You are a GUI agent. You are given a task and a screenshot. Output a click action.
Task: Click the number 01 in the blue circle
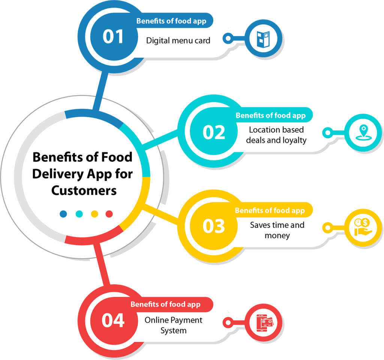click(x=113, y=37)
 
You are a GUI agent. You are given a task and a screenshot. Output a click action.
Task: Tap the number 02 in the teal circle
click(x=213, y=133)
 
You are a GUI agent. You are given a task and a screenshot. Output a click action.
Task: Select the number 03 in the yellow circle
click(x=213, y=226)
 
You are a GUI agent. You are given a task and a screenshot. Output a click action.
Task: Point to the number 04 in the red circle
click(x=113, y=320)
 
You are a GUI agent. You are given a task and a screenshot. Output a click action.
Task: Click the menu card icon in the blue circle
click(x=263, y=39)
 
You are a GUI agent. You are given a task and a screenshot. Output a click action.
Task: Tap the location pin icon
click(x=364, y=133)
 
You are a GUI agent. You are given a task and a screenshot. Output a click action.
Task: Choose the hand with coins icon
click(x=363, y=227)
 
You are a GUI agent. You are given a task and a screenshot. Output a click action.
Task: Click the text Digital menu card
click(x=178, y=41)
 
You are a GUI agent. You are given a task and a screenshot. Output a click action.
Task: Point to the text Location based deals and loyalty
click(x=276, y=135)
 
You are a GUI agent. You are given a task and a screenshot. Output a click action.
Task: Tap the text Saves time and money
click(x=277, y=230)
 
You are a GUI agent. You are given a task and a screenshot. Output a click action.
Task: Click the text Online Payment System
click(x=173, y=325)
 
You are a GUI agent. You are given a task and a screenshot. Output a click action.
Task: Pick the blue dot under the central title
click(x=63, y=214)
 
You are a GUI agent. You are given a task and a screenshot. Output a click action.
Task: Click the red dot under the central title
click(x=109, y=214)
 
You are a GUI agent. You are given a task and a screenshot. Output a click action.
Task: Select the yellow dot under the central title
click(x=94, y=214)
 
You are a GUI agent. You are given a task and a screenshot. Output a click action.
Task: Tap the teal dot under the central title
click(x=79, y=214)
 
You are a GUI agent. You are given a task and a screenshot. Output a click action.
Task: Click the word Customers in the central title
click(x=84, y=191)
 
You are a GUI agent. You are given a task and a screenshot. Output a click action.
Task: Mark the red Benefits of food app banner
click(x=169, y=304)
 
